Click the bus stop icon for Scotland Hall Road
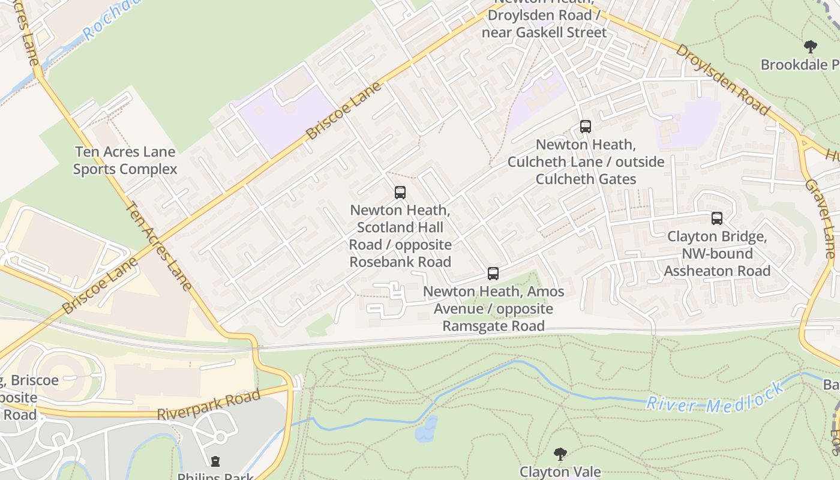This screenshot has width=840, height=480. [x=400, y=193]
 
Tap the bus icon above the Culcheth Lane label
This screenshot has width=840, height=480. [x=586, y=127]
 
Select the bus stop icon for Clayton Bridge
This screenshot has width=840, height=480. [x=717, y=218]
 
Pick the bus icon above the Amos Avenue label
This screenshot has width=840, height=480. [x=493, y=274]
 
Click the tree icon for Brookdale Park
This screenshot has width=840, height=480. [x=810, y=46]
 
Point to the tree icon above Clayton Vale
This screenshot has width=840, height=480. [x=560, y=454]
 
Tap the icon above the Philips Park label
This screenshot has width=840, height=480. [x=215, y=461]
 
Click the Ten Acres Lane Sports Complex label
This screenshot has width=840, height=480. [x=125, y=161]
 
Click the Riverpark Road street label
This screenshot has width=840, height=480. [x=209, y=405]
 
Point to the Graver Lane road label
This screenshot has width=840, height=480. [x=820, y=219]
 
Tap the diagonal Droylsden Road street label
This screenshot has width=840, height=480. [x=722, y=79]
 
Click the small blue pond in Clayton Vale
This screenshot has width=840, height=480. [x=426, y=429]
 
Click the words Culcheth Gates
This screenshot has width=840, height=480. [x=586, y=179]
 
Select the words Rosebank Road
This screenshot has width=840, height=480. [x=400, y=262]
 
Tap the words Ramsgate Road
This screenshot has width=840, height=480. [x=493, y=326]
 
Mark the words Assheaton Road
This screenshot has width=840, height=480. [x=717, y=271]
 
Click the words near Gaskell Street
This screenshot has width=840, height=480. [x=544, y=32]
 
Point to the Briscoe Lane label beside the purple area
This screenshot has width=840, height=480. [x=343, y=111]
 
